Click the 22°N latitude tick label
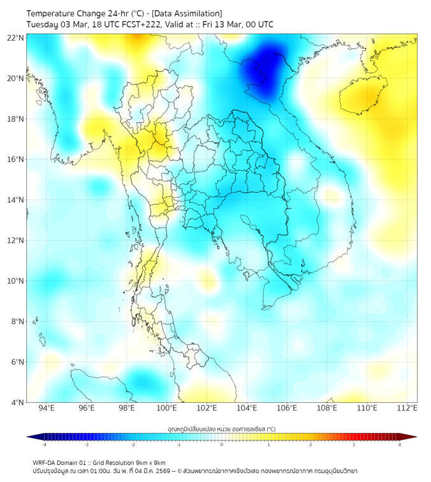point(16,38)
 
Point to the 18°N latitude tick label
point(16,119)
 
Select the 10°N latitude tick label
point(16,281)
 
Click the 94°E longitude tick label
point(47,408)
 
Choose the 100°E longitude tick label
point(167,408)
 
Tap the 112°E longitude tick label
point(407,408)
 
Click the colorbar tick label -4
point(44,444)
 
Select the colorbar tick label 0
point(222,444)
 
